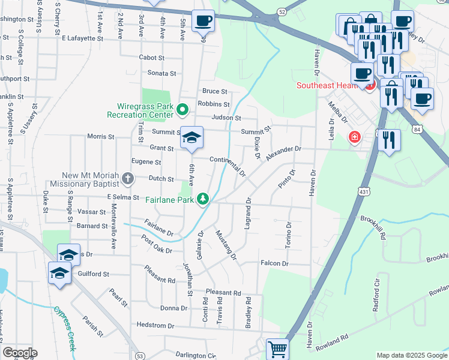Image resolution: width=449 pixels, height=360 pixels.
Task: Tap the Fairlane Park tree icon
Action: tap(203, 199)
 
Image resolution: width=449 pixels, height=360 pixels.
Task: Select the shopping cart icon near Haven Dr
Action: tap(277, 349)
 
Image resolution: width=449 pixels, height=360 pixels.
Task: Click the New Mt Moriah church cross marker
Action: tap(127, 178)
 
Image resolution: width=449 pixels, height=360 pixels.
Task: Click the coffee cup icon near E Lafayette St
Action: tap(203, 21)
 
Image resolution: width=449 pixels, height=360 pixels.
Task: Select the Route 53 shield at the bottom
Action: tap(139, 355)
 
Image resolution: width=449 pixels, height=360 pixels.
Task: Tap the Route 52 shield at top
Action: tap(282, 11)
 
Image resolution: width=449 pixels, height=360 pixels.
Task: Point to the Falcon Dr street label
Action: tap(274, 263)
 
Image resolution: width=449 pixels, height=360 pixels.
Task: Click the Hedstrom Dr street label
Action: tap(155, 325)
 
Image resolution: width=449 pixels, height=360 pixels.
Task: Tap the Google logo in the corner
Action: tap(19, 353)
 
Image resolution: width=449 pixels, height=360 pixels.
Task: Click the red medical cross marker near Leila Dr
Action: tap(355, 138)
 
